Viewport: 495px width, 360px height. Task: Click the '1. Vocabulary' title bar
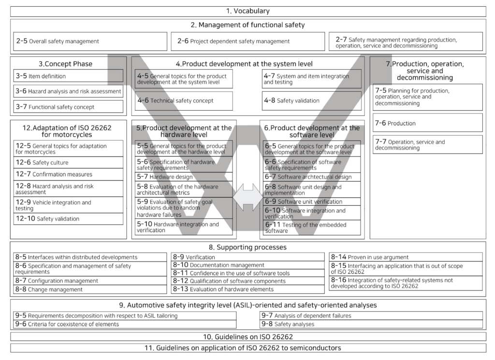click(247, 11)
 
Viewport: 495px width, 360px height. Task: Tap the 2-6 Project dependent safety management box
click(247, 42)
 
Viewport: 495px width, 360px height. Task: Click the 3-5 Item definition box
click(68, 76)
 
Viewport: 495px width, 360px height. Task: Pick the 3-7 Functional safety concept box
click(68, 106)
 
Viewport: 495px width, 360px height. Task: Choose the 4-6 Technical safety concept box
click(184, 101)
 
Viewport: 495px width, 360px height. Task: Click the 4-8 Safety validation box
click(311, 101)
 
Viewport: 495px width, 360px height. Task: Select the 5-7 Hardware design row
click(183, 177)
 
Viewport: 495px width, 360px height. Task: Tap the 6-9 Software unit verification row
click(312, 202)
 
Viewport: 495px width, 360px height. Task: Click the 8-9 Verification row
click(247, 257)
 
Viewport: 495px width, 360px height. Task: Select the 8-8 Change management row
click(90, 289)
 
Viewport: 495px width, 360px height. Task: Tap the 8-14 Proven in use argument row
click(406, 257)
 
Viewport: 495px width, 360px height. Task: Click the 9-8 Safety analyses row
click(371, 324)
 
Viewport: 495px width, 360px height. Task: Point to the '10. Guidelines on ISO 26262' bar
click(247, 336)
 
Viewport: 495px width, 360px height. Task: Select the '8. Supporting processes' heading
click(247, 247)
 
